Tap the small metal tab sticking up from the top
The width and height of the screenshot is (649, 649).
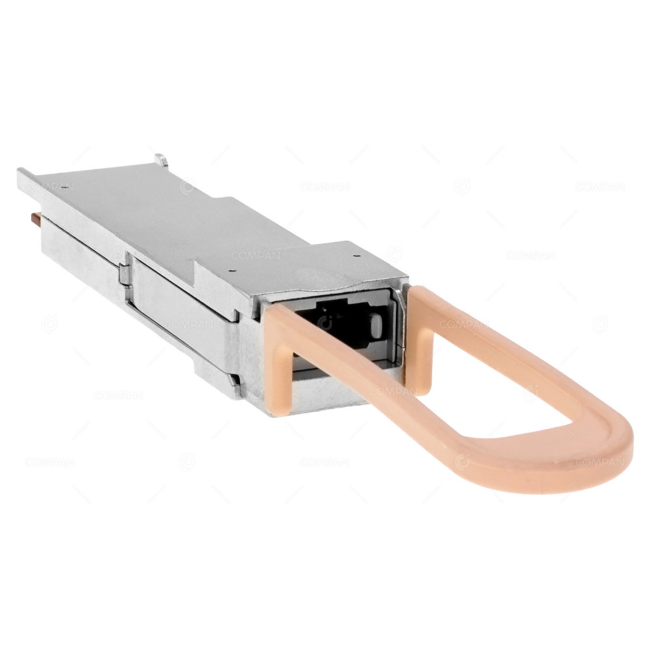click(160, 159)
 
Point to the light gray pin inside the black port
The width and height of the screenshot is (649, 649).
click(375, 325)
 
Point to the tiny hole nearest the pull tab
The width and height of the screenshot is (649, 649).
click(356, 256)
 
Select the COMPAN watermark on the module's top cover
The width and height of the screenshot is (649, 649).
click(256, 256)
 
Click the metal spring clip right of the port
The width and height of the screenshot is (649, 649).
click(398, 324)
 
